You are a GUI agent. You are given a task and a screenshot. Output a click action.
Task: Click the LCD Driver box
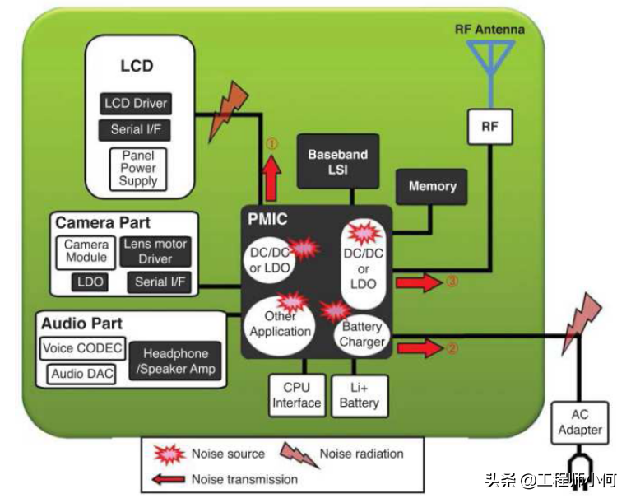(136, 104)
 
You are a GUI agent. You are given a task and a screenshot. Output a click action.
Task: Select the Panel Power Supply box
(137, 168)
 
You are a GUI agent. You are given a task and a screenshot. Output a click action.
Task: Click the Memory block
(432, 187)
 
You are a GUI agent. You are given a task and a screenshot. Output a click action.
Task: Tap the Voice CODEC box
(81, 348)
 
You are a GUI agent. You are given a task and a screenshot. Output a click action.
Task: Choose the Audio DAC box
(77, 374)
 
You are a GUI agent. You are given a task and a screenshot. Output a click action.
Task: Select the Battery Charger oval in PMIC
(362, 333)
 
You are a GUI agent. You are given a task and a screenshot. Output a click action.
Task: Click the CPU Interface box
(296, 395)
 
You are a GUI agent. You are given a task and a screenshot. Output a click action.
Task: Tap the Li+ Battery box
(359, 395)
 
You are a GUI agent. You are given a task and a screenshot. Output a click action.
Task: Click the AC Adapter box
(580, 421)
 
